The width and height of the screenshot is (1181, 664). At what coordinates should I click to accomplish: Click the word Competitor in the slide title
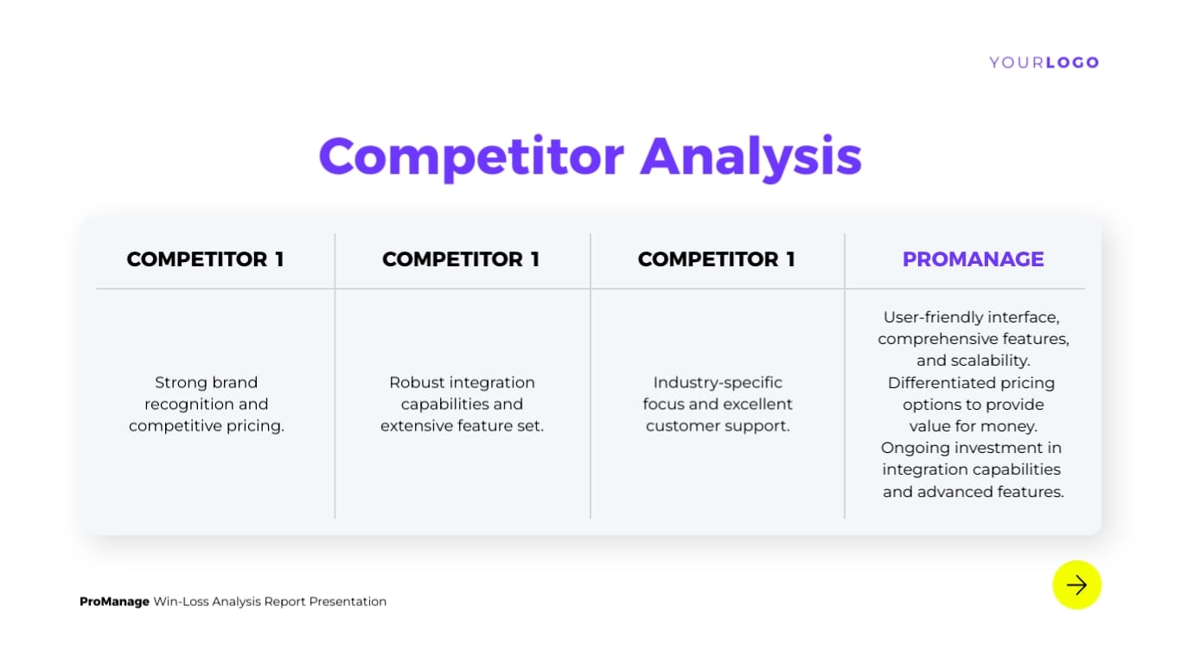470,156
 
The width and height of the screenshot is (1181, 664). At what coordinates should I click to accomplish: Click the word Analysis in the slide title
750,156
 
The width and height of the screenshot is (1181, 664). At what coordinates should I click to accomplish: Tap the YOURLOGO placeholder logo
1044,62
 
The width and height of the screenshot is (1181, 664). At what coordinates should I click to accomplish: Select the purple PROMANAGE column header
973,259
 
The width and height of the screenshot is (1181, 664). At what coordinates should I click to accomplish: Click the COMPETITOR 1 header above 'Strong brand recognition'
205,259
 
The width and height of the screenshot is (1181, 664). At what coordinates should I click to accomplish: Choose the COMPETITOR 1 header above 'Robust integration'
461,259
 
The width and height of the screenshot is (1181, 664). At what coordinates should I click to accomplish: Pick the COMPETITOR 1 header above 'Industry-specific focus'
716,259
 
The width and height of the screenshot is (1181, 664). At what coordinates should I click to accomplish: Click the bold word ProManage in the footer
114,602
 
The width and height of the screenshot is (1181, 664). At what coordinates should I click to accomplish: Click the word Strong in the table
181,382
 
